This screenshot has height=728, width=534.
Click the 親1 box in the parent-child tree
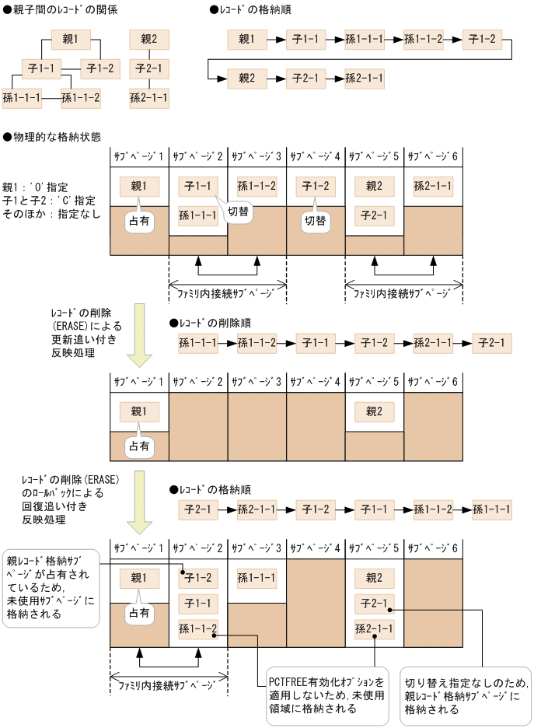click(x=72, y=37)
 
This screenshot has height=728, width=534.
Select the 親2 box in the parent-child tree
click(x=149, y=37)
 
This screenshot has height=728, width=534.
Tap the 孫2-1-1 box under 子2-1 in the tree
click(x=149, y=97)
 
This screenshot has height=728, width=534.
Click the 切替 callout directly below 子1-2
click(x=316, y=221)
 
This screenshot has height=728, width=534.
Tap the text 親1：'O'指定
click(x=36, y=187)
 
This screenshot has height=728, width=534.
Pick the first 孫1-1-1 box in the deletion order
click(x=198, y=342)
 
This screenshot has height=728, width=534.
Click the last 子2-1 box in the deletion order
click(x=491, y=342)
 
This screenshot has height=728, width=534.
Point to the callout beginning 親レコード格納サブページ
click(x=52, y=586)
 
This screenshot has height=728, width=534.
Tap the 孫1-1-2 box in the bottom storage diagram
click(x=198, y=628)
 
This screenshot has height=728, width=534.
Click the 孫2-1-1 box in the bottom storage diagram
click(x=375, y=628)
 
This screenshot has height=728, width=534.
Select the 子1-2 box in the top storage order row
click(x=481, y=37)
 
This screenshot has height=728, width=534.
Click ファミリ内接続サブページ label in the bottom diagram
click(x=168, y=686)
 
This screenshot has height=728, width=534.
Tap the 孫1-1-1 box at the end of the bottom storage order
click(x=491, y=510)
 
